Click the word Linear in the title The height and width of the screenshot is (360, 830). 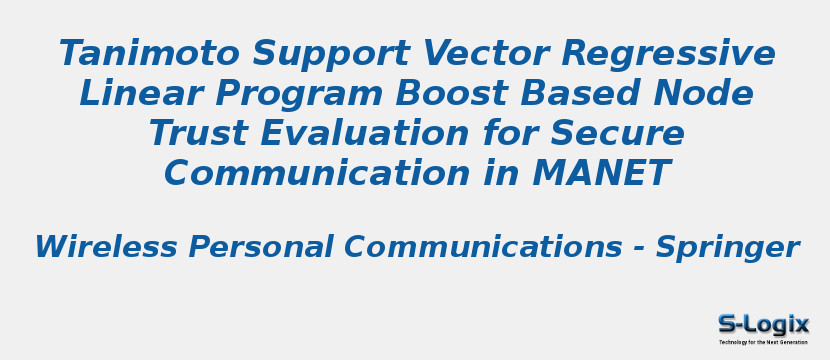coord(132,93)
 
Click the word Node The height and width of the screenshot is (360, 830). coord(704,93)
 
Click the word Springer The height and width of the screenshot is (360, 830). coord(727,247)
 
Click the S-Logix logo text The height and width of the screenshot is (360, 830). coord(763,324)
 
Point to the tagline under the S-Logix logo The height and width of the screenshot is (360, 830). coord(763,342)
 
